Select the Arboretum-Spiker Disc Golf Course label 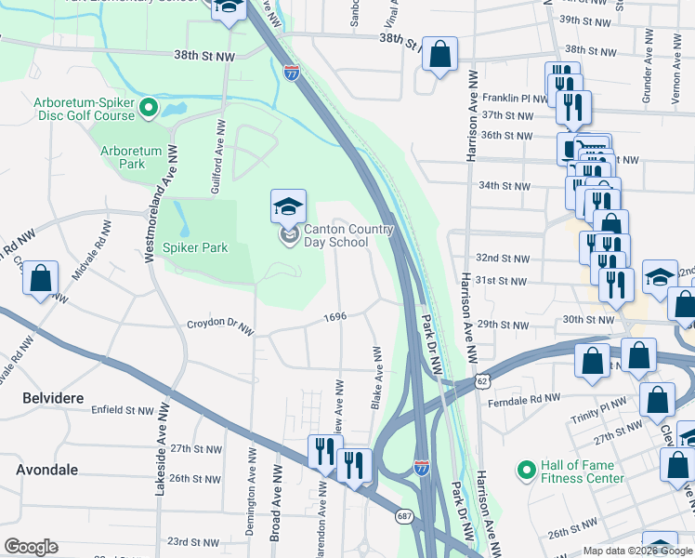(x=85, y=110)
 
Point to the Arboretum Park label (x=130, y=157)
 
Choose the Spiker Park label (x=196, y=247)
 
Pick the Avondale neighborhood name (x=46, y=470)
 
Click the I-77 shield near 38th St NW (x=292, y=71)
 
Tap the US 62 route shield (x=480, y=381)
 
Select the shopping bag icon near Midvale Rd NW (x=40, y=279)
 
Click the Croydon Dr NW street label (x=220, y=326)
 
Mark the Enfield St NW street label (x=121, y=409)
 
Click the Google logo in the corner (x=31, y=547)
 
